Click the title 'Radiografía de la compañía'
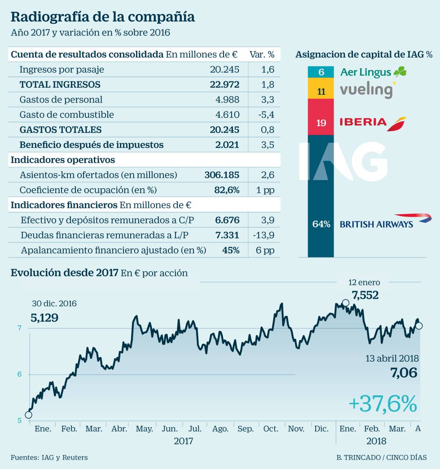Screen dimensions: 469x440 click(102, 17)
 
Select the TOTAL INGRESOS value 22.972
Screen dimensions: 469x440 click(224, 84)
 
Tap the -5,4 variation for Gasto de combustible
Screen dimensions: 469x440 click(266, 115)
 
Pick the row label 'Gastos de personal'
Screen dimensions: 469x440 click(61, 100)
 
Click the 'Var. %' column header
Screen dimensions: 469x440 click(262, 55)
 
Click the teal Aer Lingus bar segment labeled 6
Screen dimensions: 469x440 click(321, 72)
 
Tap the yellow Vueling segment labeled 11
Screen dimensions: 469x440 click(321, 92)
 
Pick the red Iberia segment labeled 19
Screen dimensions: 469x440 click(321, 122)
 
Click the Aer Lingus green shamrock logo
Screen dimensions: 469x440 click(400, 71)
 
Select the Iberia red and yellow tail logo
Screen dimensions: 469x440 click(396, 123)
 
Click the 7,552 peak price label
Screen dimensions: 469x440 click(365, 295)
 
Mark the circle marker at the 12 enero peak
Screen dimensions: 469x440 click(345, 303)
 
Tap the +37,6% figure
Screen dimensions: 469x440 click(383, 403)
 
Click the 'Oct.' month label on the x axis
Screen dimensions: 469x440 click(271, 429)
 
